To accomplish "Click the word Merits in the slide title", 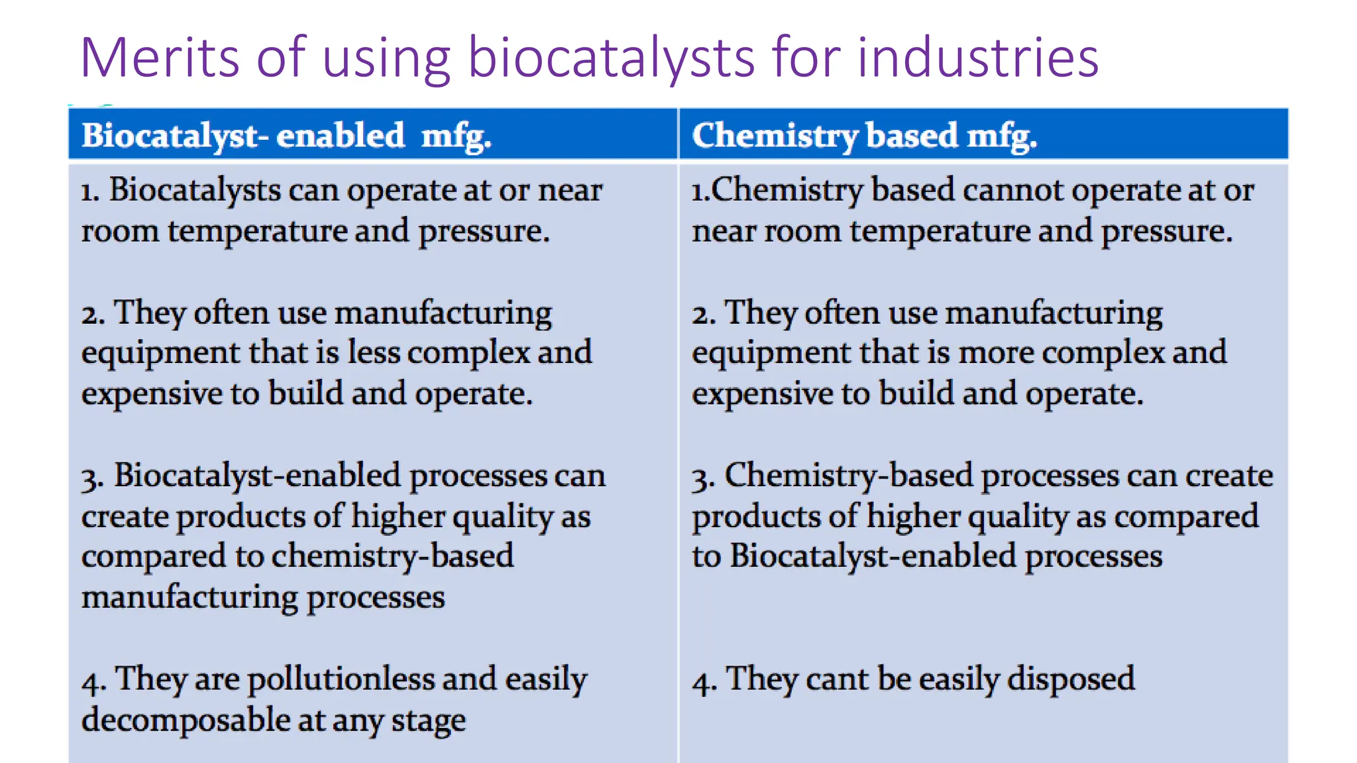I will pyautogui.click(x=158, y=58).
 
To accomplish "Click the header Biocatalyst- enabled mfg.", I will pyautogui.click(x=286, y=136).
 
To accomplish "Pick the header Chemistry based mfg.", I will pyautogui.click(x=864, y=136).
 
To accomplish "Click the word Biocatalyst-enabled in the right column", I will pyautogui.click(x=873, y=556).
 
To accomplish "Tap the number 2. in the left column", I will pyautogui.click(x=93, y=314).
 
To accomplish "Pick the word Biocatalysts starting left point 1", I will pyautogui.click(x=195, y=190).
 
